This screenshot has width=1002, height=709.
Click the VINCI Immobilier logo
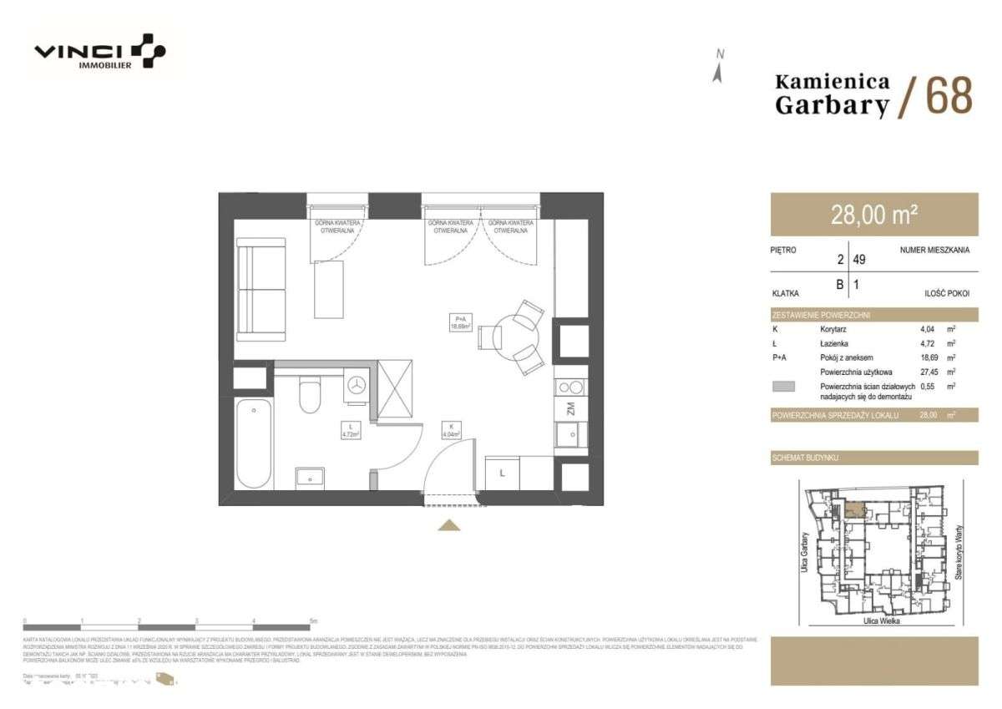[99, 52]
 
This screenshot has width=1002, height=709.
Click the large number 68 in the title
[949, 96]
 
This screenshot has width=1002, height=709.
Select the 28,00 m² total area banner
[873, 215]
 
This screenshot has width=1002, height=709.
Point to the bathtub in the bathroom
[254, 445]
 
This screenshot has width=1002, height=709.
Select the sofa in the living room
[260, 288]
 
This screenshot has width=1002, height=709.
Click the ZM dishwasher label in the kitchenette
[571, 408]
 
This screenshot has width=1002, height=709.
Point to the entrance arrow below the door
[449, 524]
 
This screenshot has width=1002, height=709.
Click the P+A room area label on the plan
[460, 322]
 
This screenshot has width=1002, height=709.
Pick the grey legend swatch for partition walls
[785, 387]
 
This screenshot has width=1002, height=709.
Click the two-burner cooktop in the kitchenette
[572, 387]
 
